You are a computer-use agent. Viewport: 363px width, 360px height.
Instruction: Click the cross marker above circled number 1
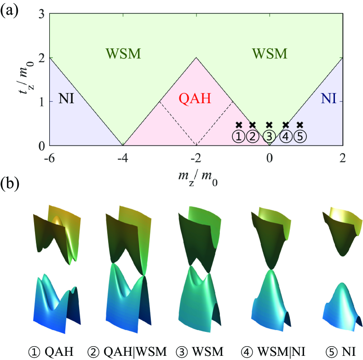coord(238,125)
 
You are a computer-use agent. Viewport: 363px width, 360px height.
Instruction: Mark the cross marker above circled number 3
coord(270,125)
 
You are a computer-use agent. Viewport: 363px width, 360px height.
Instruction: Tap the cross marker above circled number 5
coord(300,125)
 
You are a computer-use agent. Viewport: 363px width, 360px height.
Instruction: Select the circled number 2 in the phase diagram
coord(252,136)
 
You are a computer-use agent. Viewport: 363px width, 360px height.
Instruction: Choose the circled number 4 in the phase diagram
coord(286,136)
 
